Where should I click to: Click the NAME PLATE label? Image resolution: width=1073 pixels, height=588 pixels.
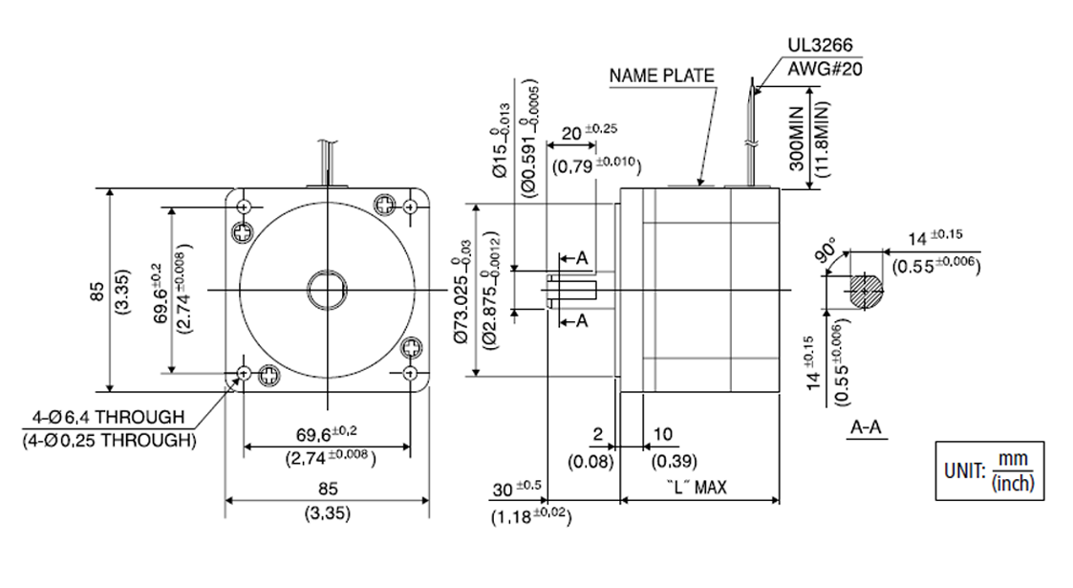point(662,76)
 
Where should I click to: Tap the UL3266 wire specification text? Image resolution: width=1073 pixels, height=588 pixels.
point(820,46)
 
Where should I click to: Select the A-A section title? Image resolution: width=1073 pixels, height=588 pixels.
point(866,429)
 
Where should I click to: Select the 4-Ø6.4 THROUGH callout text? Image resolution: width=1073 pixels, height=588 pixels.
point(107,418)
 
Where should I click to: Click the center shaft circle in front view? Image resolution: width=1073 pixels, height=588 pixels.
point(326,289)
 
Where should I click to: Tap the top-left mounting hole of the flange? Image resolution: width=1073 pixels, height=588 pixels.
point(245,207)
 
